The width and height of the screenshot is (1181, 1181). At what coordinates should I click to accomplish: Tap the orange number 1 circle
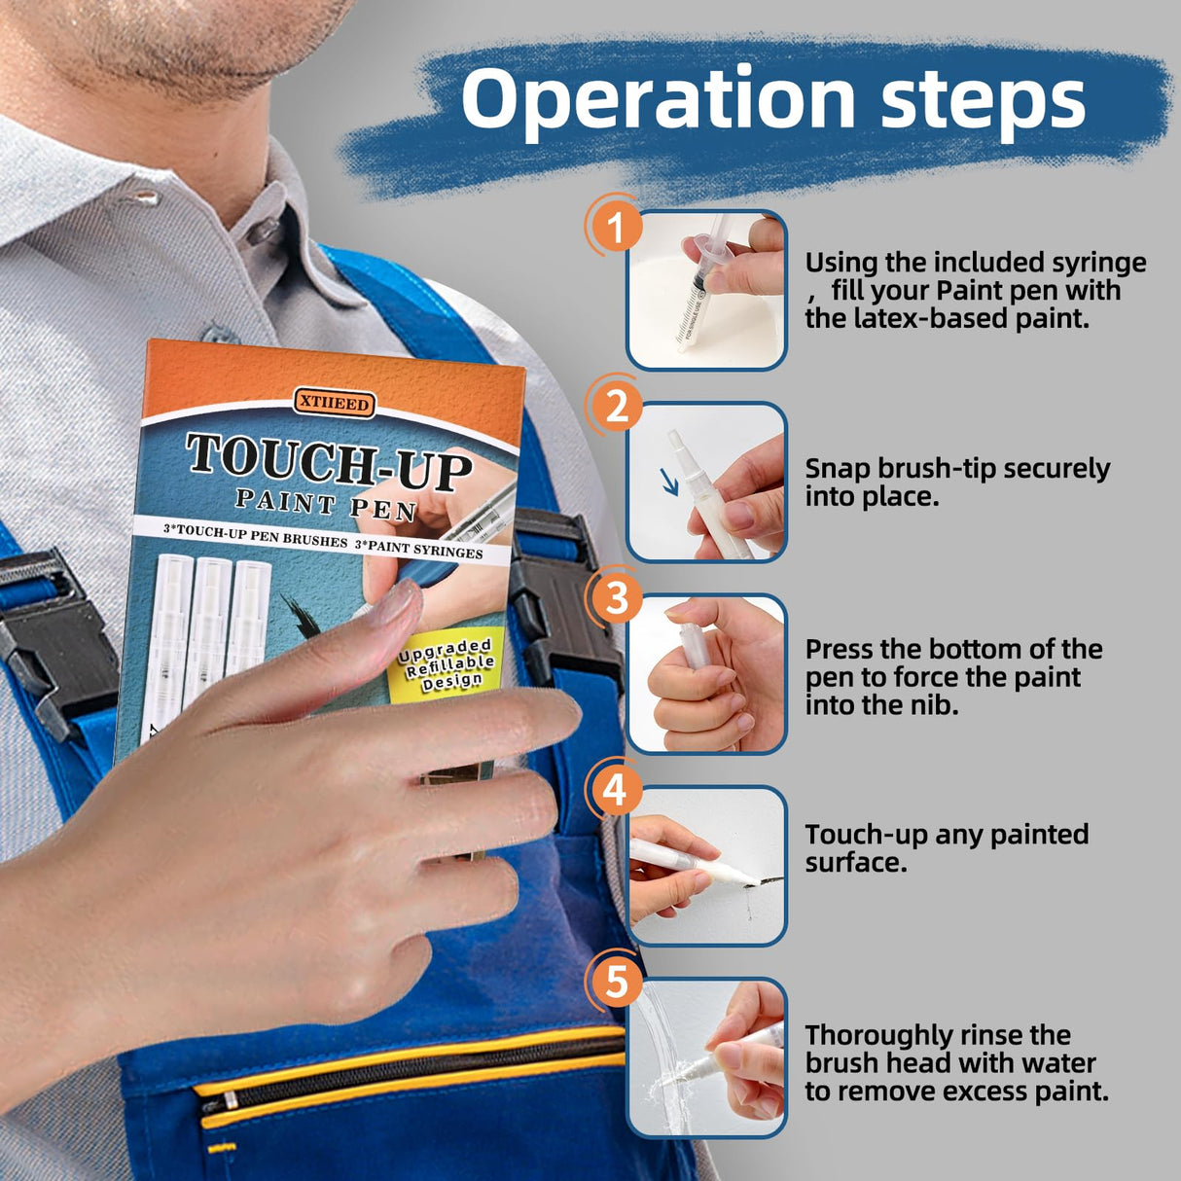pyautogui.click(x=616, y=228)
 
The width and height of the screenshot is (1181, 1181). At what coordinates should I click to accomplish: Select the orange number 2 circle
pyautogui.click(x=616, y=407)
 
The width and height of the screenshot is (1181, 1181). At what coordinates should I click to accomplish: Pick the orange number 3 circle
pyautogui.click(x=616, y=597)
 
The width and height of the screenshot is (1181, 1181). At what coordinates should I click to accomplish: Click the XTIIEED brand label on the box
pyautogui.click(x=334, y=404)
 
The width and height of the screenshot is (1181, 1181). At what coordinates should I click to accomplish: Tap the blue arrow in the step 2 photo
pyautogui.click(x=669, y=482)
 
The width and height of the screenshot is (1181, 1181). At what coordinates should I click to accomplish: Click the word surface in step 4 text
pyautogui.click(x=856, y=864)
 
